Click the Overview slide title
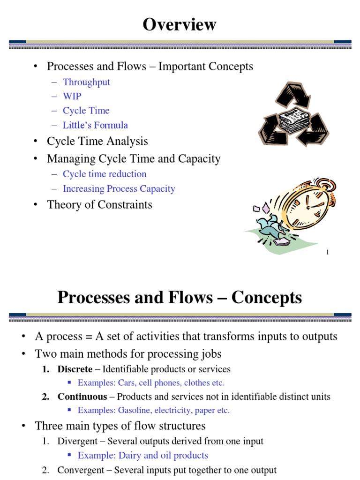(180, 24)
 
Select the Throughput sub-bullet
(86, 82)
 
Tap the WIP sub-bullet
(72, 96)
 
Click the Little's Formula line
(95, 125)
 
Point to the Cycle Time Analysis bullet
(97, 141)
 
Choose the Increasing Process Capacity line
(119, 189)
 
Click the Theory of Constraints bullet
(99, 204)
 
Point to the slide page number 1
(327, 253)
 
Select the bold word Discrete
(75, 369)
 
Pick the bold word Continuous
(82, 397)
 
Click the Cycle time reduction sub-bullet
(105, 174)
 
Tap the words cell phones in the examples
(162, 382)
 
